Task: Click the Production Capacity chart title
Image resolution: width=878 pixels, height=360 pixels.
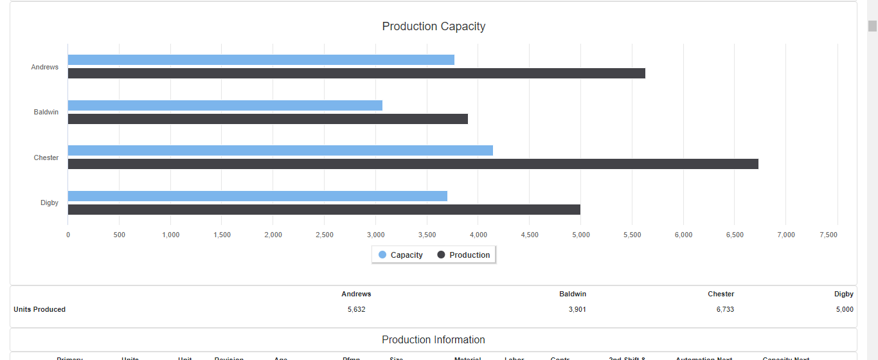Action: pos(433,26)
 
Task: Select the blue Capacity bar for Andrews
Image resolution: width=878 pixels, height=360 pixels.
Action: pos(261,60)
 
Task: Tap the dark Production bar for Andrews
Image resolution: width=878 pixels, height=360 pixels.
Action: pos(356,73)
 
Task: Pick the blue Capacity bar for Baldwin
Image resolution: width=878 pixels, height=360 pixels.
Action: pos(225,105)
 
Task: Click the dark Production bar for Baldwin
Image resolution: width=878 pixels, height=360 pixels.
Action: pos(267,119)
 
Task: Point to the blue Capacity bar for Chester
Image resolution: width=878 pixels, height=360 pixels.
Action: pos(280,150)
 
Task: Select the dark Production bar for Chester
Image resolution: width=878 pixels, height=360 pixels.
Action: pos(413,164)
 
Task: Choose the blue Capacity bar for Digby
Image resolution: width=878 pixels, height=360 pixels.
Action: pos(257,196)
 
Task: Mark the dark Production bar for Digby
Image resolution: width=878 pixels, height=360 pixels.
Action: pos(324,210)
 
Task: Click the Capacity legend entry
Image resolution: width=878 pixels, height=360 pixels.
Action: pos(400,255)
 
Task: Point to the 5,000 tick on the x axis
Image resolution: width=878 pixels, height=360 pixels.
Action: pos(580,235)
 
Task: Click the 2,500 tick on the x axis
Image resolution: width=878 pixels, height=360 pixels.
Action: pos(325,235)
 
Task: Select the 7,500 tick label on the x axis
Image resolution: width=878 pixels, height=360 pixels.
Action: pos(829,235)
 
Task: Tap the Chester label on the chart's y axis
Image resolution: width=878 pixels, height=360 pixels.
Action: pos(46,157)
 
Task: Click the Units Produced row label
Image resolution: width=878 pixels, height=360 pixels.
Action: pos(39,309)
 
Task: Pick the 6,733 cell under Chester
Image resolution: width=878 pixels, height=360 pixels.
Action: pos(725,309)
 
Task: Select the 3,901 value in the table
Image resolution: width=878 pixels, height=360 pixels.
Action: pos(577,309)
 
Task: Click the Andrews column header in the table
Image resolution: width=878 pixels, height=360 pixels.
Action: pos(356,294)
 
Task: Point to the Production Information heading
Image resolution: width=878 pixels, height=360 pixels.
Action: pos(433,339)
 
